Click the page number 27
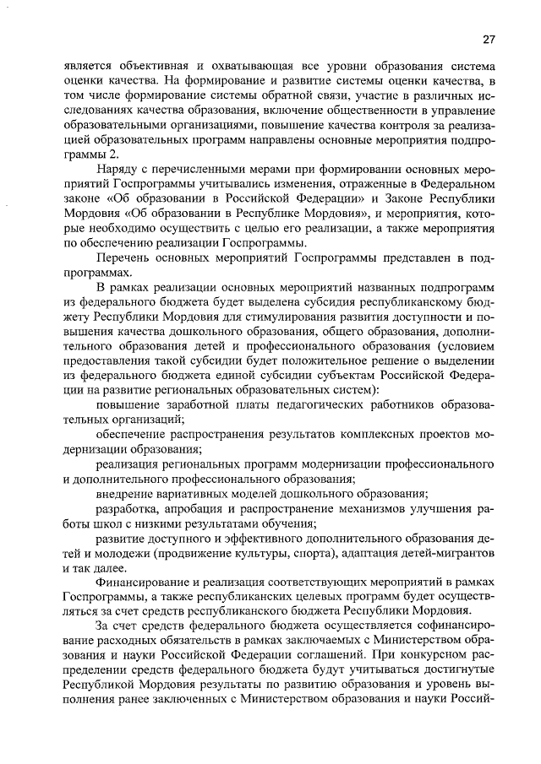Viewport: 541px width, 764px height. pyautogui.click(x=489, y=38)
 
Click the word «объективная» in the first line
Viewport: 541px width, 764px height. pyautogui.click(x=147, y=65)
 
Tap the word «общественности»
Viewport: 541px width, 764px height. pyautogui.click(x=351, y=111)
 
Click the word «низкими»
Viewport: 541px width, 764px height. pyautogui.click(x=144, y=524)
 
